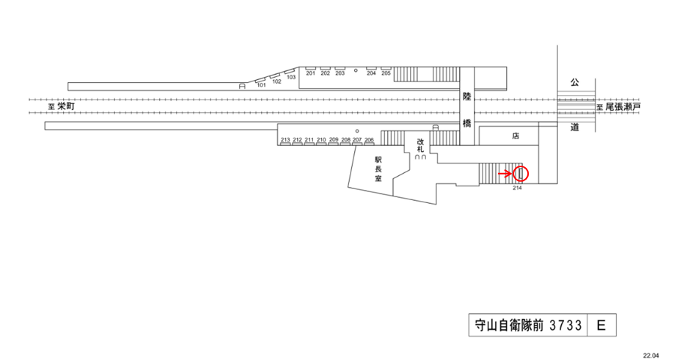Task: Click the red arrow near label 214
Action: [505, 174]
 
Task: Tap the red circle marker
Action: [521, 174]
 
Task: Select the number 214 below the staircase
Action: [517, 188]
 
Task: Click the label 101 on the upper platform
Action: [260, 85]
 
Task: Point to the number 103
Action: [290, 78]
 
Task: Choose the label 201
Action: [310, 73]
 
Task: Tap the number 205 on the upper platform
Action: [386, 73]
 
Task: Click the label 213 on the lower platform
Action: [285, 139]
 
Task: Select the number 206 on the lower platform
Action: [369, 139]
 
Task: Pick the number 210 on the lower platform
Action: [321, 139]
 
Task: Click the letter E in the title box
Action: [601, 325]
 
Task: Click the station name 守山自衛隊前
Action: [506, 325]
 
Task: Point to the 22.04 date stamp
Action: [651, 354]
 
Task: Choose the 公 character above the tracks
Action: [574, 84]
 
